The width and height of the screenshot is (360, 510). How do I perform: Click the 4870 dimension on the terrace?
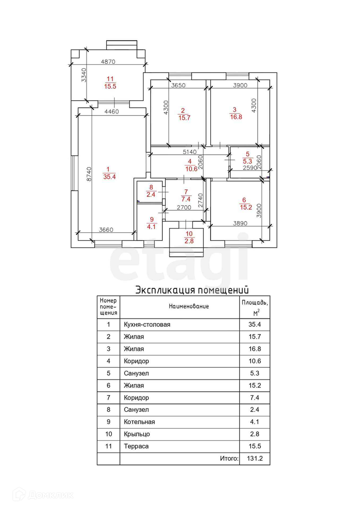pos(108,62)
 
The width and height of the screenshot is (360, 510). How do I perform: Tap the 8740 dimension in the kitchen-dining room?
pos(89,174)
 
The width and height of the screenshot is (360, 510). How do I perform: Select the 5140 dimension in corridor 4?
pos(190,152)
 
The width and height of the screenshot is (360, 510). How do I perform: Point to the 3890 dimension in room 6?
pos(240,223)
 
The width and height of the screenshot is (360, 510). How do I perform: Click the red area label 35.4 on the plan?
pos(109,177)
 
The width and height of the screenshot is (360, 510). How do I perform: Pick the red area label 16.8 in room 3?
pos(236,117)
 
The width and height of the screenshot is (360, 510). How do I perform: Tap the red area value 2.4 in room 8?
pos(151,195)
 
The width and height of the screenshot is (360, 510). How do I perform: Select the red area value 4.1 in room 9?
pos(151,227)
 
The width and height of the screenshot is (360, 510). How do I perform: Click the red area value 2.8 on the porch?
pos(189,241)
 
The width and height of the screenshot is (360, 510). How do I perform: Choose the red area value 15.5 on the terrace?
pos(110,87)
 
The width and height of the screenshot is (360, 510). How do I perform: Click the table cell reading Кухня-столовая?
pos(147,325)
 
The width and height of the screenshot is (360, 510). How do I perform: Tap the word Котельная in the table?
pos(139,422)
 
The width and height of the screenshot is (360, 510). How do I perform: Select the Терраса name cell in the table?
pos(136,447)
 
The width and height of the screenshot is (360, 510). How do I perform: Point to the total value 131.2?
pos(255,459)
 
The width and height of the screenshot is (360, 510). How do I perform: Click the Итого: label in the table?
pos(229,459)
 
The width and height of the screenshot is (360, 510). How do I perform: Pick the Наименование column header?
pos(189,307)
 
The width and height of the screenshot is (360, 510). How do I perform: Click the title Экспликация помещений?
pos(192,290)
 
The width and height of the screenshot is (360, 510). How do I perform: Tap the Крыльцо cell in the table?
pos(137,434)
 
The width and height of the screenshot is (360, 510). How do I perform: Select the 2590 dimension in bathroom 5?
pos(250,168)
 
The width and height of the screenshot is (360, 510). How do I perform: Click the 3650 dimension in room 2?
pos(178,85)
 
